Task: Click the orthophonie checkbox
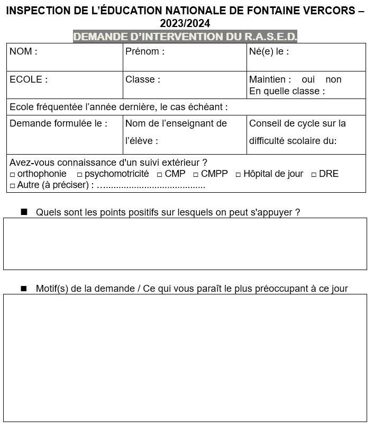coord(13,175)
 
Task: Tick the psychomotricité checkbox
coord(79,175)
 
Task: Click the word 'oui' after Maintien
coord(308,79)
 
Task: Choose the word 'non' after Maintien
coord(333,79)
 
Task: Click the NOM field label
coord(23,51)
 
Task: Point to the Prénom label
coord(145,51)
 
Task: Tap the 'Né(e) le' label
coord(269,51)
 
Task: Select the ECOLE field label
coord(29,79)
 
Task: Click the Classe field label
coord(142,79)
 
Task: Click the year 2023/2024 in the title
coord(185,23)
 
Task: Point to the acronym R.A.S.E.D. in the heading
coord(270,37)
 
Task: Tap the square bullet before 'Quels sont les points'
coord(24,212)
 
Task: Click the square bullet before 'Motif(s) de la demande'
coord(24,289)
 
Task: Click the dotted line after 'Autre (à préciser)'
coord(151,185)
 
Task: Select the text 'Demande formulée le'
coord(58,123)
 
